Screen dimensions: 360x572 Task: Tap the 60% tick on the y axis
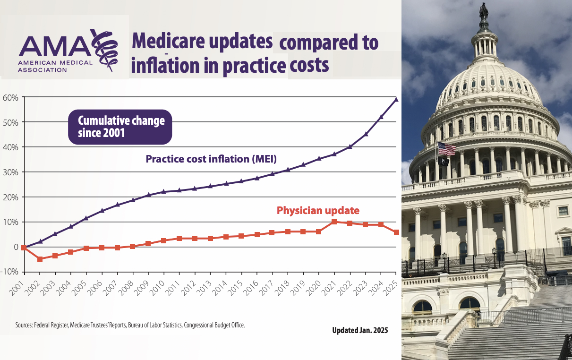click(10, 98)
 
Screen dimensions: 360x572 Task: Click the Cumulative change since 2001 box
click(120, 127)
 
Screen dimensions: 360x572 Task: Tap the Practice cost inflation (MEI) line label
click(211, 159)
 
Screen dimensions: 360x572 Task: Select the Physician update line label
click(318, 210)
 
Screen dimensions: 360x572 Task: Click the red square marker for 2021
click(334, 222)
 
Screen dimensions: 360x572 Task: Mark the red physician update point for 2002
click(40, 259)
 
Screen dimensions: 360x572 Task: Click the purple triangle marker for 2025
click(396, 99)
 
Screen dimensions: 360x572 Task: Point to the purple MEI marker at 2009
click(148, 195)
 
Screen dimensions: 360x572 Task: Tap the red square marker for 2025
click(396, 232)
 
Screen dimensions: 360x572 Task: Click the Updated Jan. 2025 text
click(360, 330)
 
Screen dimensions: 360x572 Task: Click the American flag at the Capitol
click(446, 149)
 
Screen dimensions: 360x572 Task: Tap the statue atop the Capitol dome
click(484, 11)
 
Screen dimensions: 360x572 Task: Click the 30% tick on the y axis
click(10, 172)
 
